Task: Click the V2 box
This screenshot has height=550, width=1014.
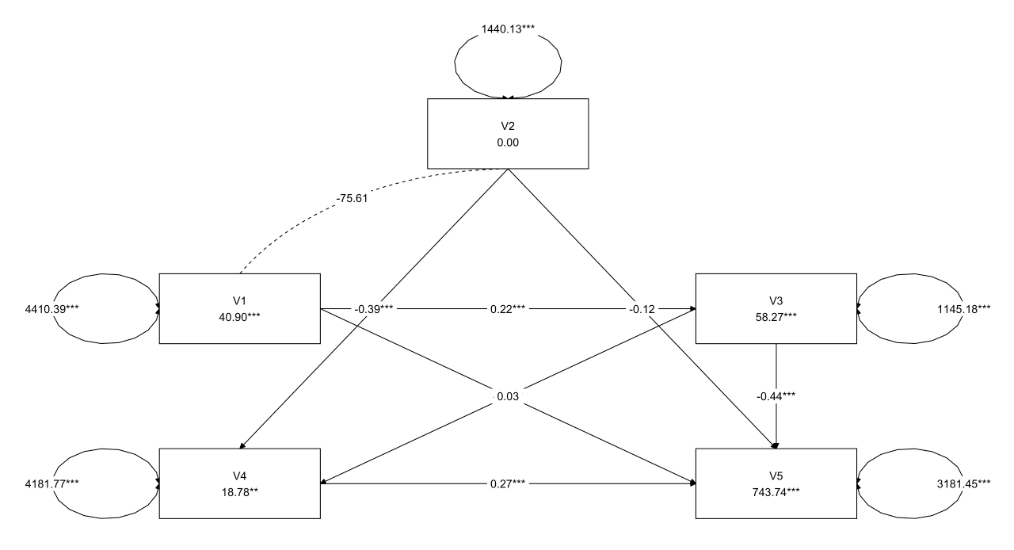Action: point(508,133)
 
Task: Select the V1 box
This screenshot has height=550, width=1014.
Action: point(239,308)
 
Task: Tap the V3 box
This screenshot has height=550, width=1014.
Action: point(776,308)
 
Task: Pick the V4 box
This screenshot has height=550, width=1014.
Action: point(239,483)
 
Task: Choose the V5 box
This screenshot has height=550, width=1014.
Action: point(776,483)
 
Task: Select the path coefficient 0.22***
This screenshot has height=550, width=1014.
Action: point(508,309)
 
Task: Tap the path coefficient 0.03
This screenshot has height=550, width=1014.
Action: point(508,396)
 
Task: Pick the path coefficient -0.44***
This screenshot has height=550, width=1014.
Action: point(776,396)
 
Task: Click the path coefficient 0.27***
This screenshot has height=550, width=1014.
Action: point(508,484)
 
